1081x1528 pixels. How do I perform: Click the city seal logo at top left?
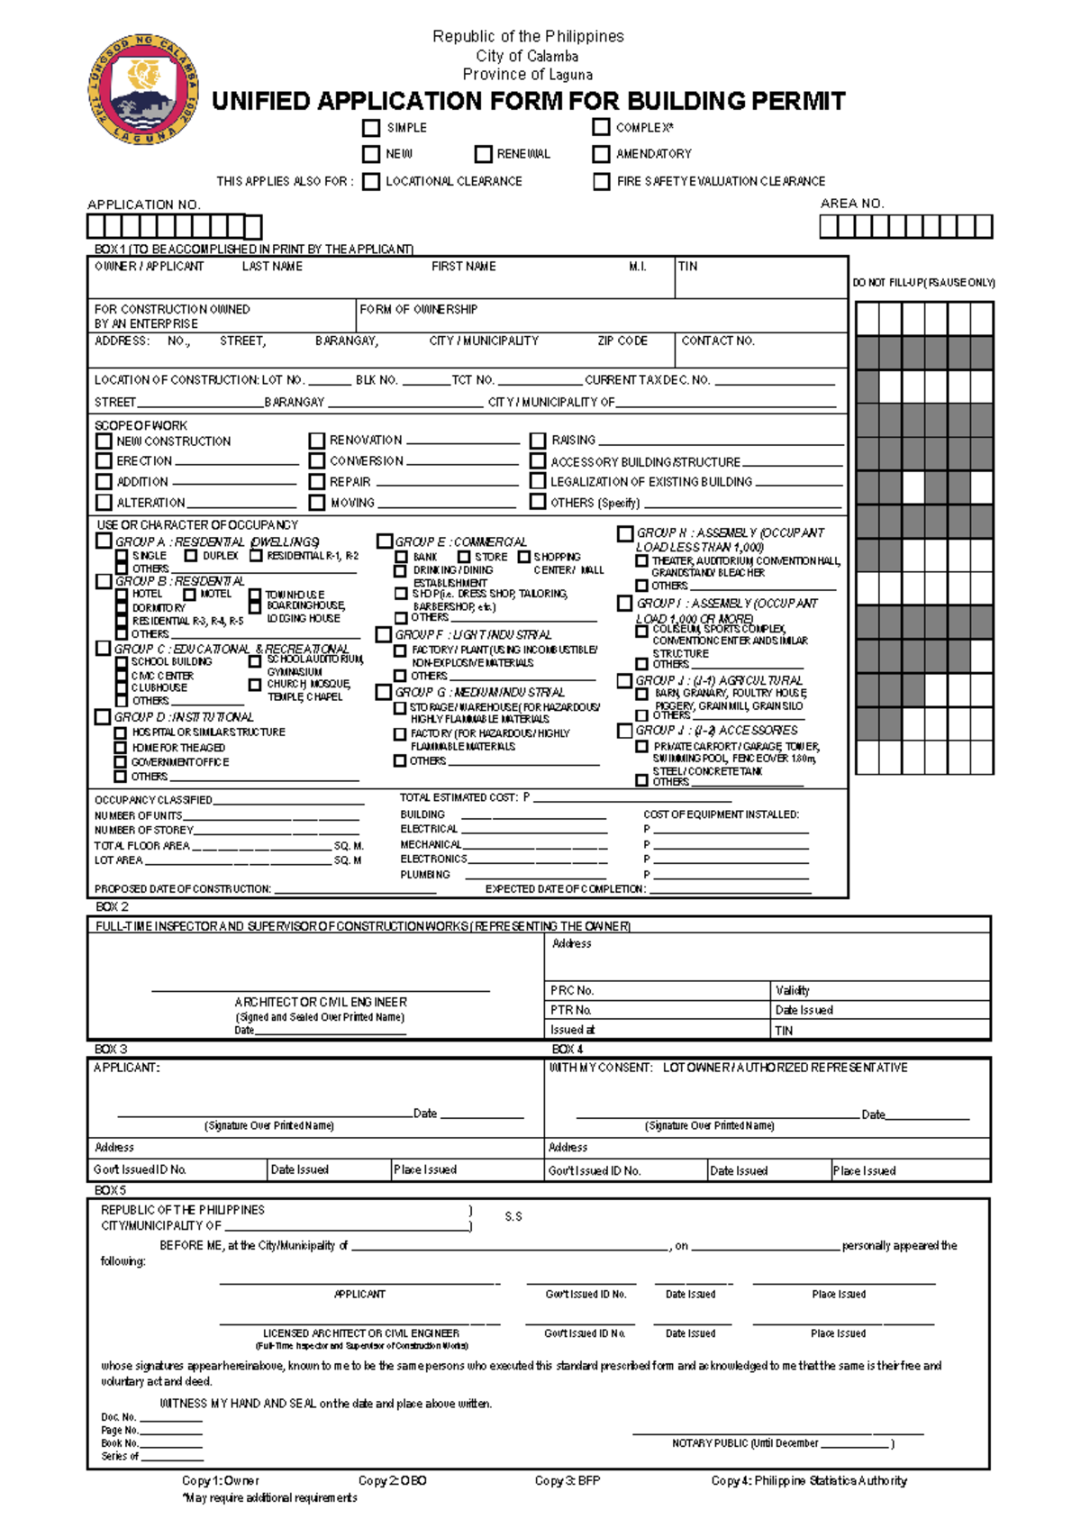point(143,89)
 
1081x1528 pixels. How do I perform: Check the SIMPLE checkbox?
point(371,128)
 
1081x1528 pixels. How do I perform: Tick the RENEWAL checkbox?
point(484,154)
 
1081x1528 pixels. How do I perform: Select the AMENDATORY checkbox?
point(601,154)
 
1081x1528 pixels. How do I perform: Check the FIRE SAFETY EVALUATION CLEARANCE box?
point(601,181)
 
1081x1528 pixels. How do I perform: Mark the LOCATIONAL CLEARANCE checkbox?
point(371,181)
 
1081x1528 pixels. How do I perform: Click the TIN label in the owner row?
point(687,267)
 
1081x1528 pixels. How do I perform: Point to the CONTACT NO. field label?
point(717,341)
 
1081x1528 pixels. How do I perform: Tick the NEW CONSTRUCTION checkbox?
point(104,441)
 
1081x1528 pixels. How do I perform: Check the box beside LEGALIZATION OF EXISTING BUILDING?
point(538,482)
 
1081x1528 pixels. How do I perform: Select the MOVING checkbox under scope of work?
point(316,503)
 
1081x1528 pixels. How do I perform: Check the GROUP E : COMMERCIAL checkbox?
point(385,541)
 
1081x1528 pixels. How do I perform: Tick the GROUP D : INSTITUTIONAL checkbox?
point(103,717)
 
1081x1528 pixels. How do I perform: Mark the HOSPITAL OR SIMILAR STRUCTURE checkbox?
point(120,732)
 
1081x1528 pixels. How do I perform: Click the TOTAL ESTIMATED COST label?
point(459,797)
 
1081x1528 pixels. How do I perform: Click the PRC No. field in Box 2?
point(572,990)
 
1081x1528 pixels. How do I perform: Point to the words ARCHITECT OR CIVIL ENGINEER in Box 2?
point(321,1002)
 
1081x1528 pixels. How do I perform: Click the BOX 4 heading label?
point(568,1049)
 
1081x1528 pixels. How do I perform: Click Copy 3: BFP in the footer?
point(567,1480)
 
